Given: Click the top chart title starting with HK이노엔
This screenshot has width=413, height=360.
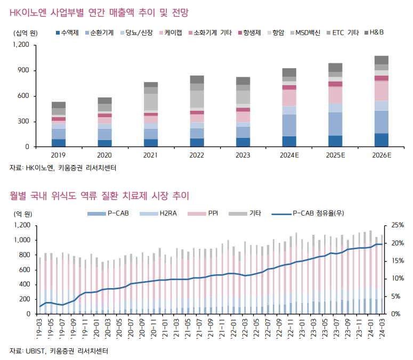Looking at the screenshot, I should pyautogui.click(x=99, y=12).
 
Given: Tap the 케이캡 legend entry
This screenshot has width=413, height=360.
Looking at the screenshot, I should pyautogui.click(x=171, y=33).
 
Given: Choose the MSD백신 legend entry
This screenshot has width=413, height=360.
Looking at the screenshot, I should pyautogui.click(x=304, y=33).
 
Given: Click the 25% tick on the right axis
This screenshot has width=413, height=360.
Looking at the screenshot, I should pyautogui.click(x=398, y=225).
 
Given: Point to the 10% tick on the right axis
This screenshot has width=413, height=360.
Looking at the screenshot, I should pyautogui.click(x=398, y=279).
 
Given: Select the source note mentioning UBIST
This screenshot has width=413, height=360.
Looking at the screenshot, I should pyautogui.click(x=62, y=350).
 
